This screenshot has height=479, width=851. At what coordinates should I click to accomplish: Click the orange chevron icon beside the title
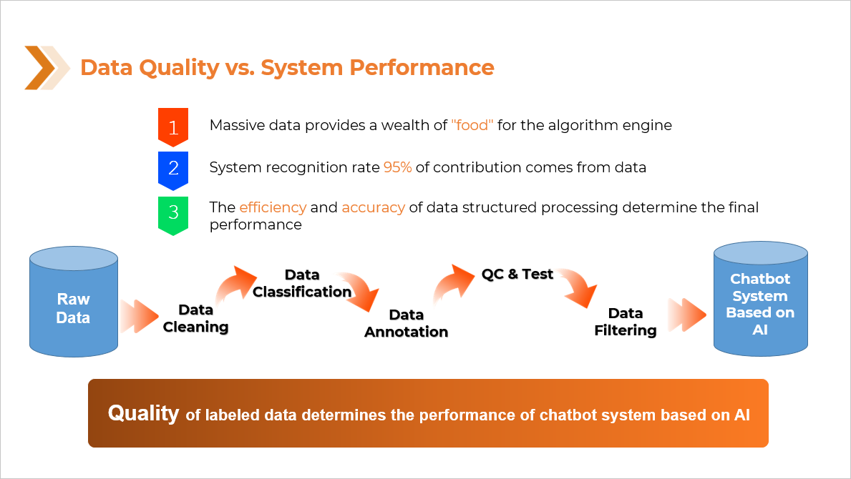[x=46, y=68]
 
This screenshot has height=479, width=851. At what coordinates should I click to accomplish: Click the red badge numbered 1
[x=173, y=127]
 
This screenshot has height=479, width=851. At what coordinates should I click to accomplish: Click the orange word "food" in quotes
[x=472, y=125]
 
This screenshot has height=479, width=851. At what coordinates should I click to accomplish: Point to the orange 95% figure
[x=397, y=167]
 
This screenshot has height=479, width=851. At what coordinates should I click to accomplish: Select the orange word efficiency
[x=273, y=207]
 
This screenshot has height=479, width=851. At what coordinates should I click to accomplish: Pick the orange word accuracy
[x=374, y=207]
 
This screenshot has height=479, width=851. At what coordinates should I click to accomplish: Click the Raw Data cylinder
[x=74, y=302]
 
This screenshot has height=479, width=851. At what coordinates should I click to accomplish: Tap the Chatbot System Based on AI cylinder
[x=760, y=299]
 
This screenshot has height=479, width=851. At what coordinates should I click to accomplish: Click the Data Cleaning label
[x=195, y=318]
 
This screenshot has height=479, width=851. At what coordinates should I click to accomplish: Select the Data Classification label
[x=302, y=283]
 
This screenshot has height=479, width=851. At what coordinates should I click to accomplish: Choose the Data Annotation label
[x=406, y=323]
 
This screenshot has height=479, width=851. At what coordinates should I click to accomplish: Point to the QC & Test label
[x=517, y=275]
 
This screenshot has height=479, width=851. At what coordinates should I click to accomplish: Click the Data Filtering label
[x=626, y=321]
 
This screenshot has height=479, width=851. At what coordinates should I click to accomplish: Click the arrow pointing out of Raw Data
[x=139, y=317]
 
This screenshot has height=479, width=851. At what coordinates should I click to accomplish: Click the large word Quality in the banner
[x=143, y=413]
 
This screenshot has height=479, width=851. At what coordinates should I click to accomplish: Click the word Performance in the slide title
[x=422, y=68]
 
